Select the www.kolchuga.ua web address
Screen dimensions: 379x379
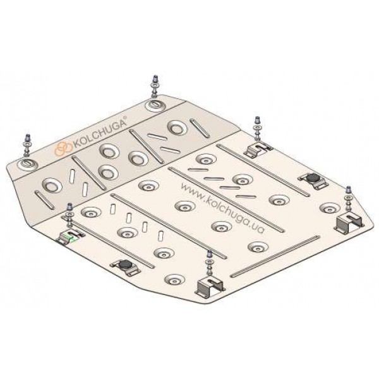[222, 208]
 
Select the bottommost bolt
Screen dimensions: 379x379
[209, 263]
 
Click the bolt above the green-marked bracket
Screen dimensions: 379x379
[70, 215]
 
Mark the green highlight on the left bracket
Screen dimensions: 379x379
[73, 239]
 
